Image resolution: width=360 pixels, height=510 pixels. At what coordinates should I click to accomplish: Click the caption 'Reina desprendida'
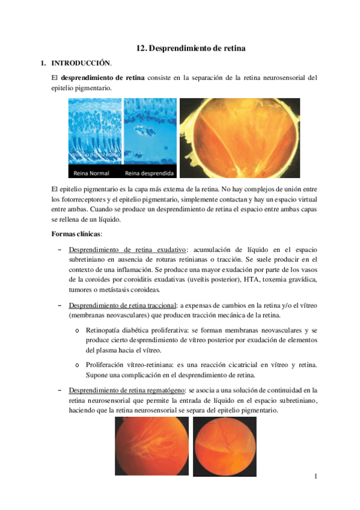150,173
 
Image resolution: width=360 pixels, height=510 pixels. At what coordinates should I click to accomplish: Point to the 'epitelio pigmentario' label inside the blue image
95,155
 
